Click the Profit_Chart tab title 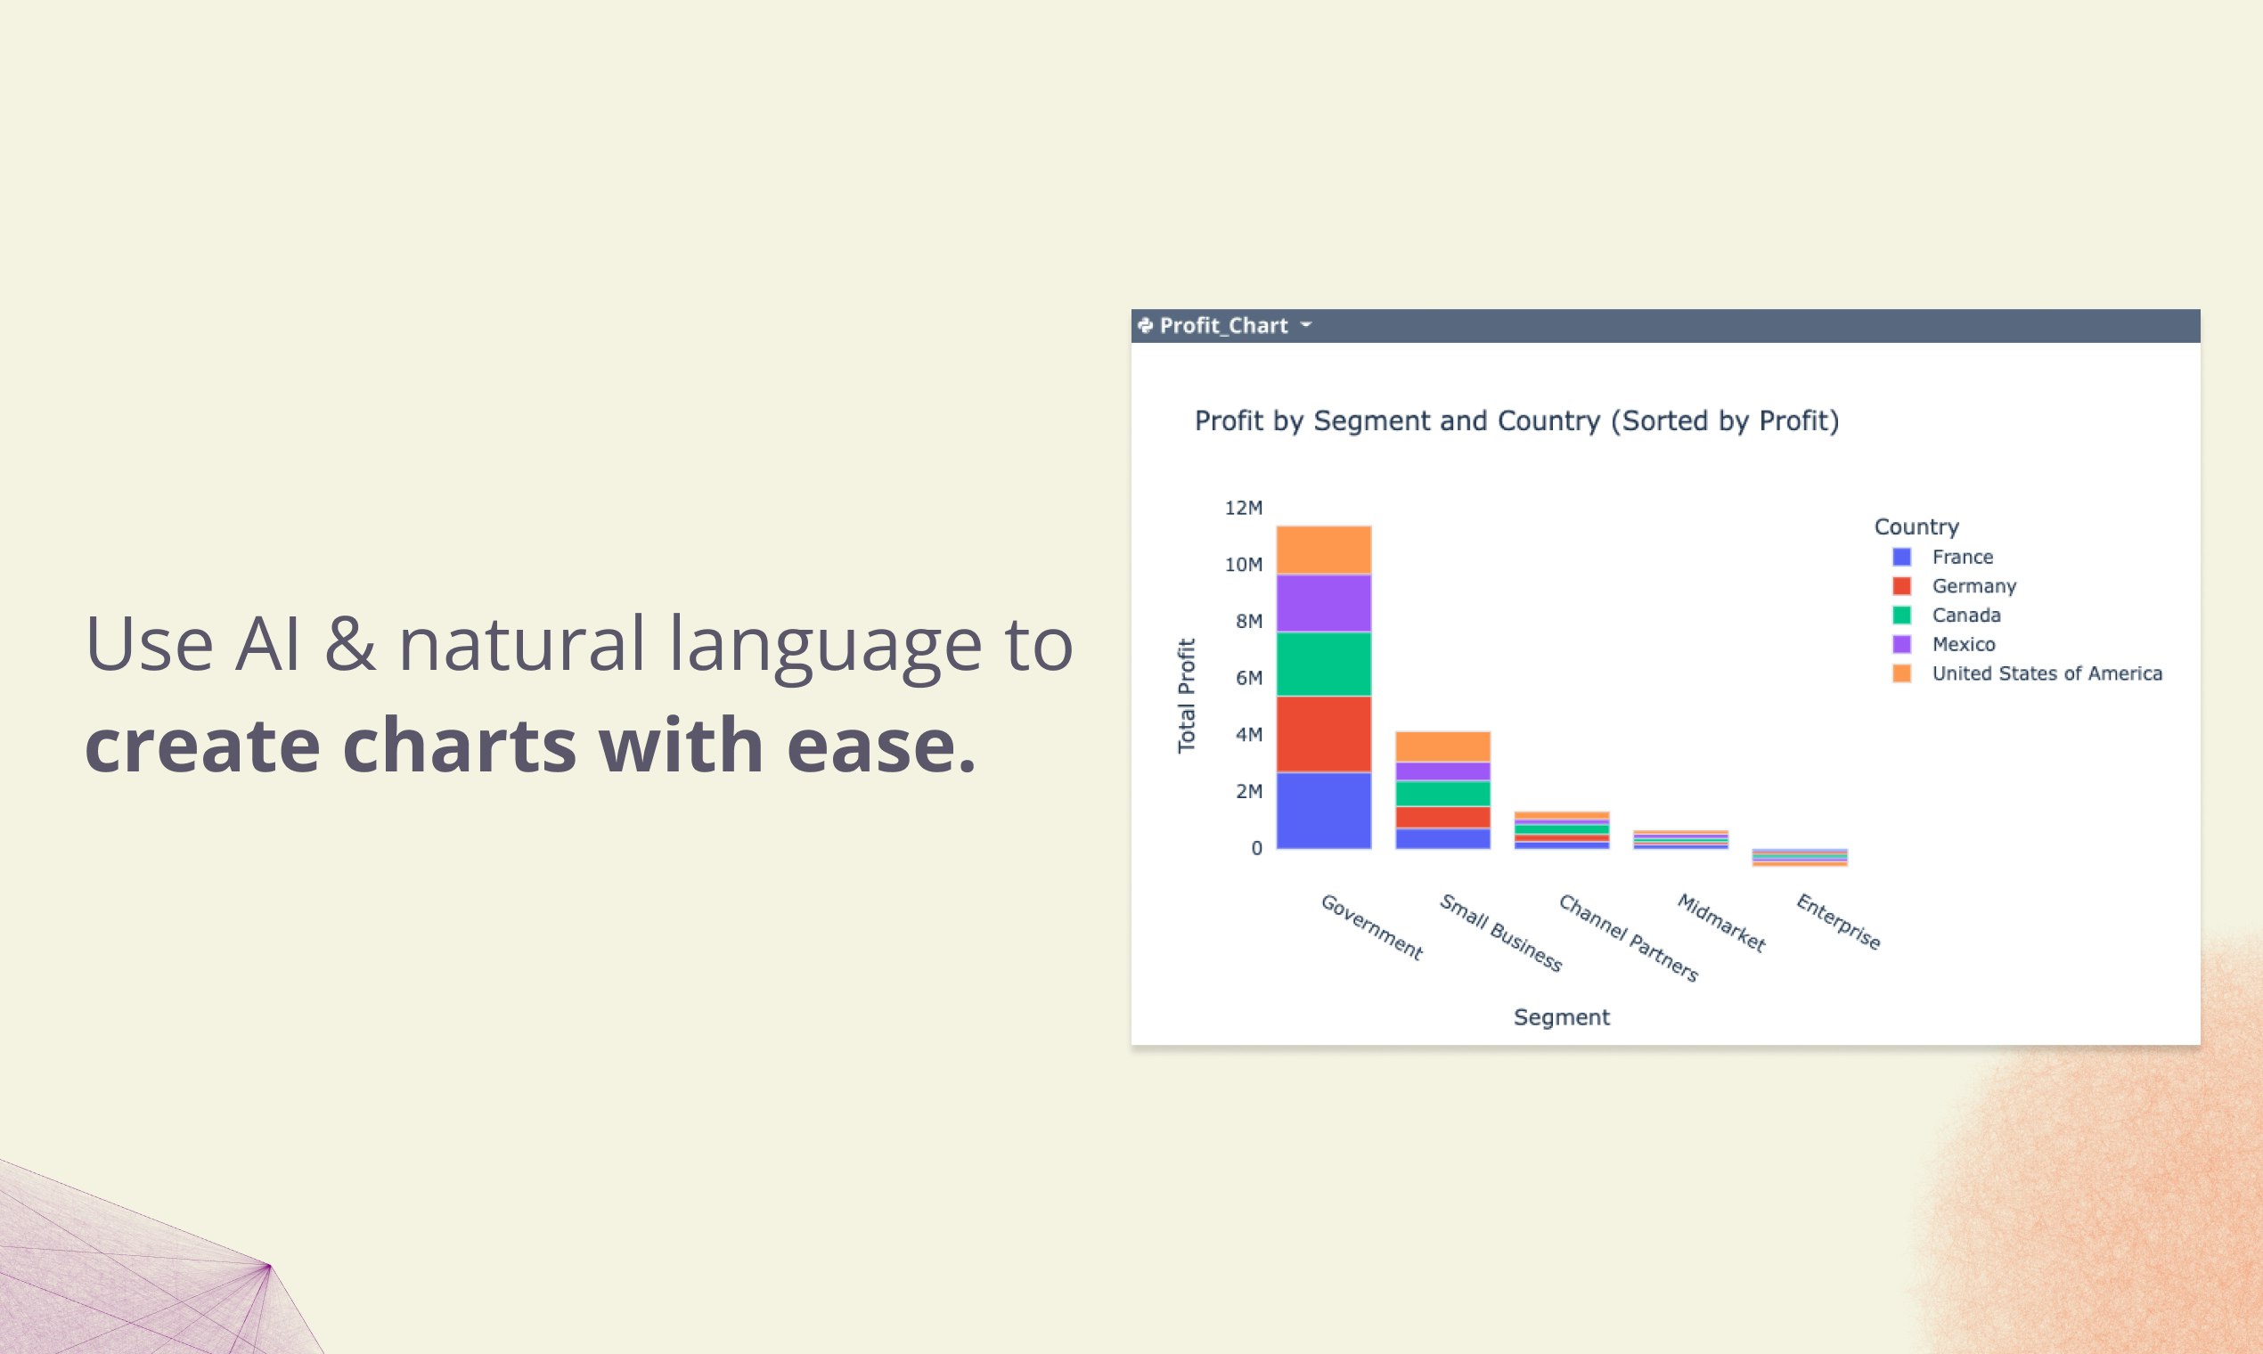(1222, 326)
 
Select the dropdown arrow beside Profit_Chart (1306, 324)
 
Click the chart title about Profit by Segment (1516, 420)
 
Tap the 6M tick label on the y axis (1249, 678)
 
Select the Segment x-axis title (1561, 1017)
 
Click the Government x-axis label (1371, 927)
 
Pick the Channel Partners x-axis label (1628, 938)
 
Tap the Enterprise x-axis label (1838, 923)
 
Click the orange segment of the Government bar (1324, 551)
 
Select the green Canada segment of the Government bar (1324, 665)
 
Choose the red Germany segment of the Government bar (1324, 735)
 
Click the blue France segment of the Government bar (1324, 812)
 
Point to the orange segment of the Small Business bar (1442, 747)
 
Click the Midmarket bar (1681, 840)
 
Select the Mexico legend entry (1944, 644)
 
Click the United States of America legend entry (2027, 673)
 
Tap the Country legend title (1916, 527)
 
